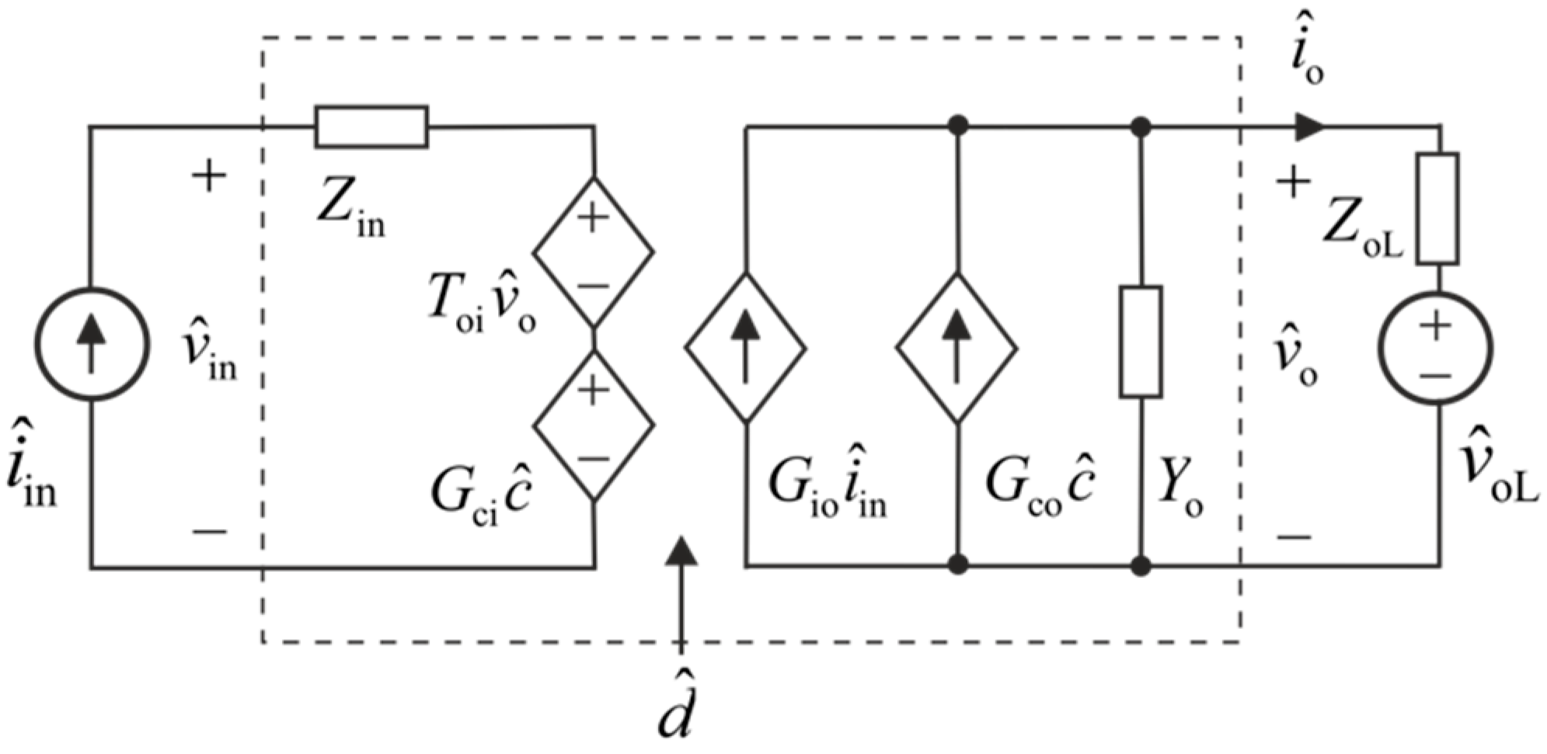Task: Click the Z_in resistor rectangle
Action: pos(371,127)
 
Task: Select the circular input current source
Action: pos(92,344)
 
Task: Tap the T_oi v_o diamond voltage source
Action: pos(593,252)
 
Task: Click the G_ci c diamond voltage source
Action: pos(593,424)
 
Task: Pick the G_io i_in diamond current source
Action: pos(745,346)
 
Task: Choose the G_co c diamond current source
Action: pos(956,346)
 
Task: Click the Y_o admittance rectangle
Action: pos(1140,342)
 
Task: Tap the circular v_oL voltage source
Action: pos(1435,346)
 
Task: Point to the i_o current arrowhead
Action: pos(1308,126)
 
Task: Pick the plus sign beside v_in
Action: pos(208,175)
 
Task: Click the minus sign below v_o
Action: pos(1294,536)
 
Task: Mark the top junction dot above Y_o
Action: pos(1140,126)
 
